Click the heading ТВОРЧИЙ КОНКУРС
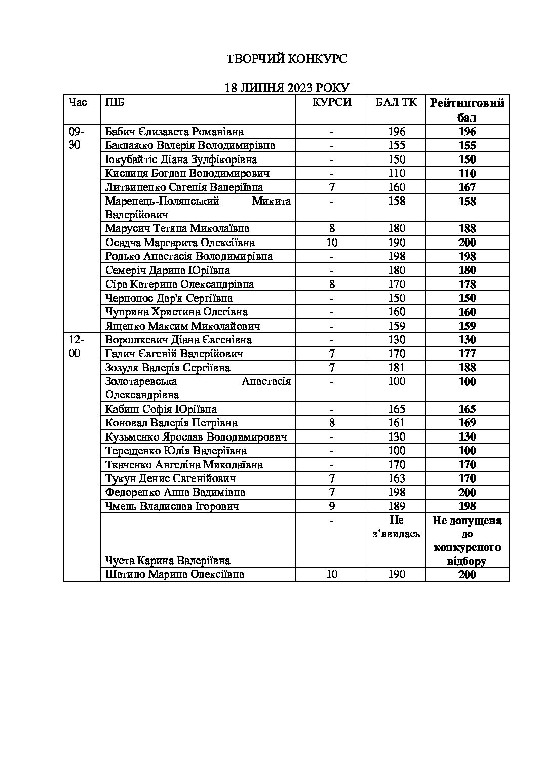pos(286,59)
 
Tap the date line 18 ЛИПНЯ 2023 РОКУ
pos(287,87)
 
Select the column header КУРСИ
pos(332,102)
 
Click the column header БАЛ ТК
pos(396,102)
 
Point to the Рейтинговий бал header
pos(467,110)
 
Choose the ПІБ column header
pos(114,102)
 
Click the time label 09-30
pos(76,138)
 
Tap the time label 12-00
pos(76,346)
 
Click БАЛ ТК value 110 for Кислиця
pos(397,173)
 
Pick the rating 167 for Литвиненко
pos(467,187)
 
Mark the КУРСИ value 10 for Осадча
pos(332,243)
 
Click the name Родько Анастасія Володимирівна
pos(189,256)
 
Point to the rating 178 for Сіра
pos(467,284)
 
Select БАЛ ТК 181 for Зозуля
pos(397,368)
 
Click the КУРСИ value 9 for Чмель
pos(332,506)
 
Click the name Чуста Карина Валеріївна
pos(168,561)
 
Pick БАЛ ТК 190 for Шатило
pos(397,574)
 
